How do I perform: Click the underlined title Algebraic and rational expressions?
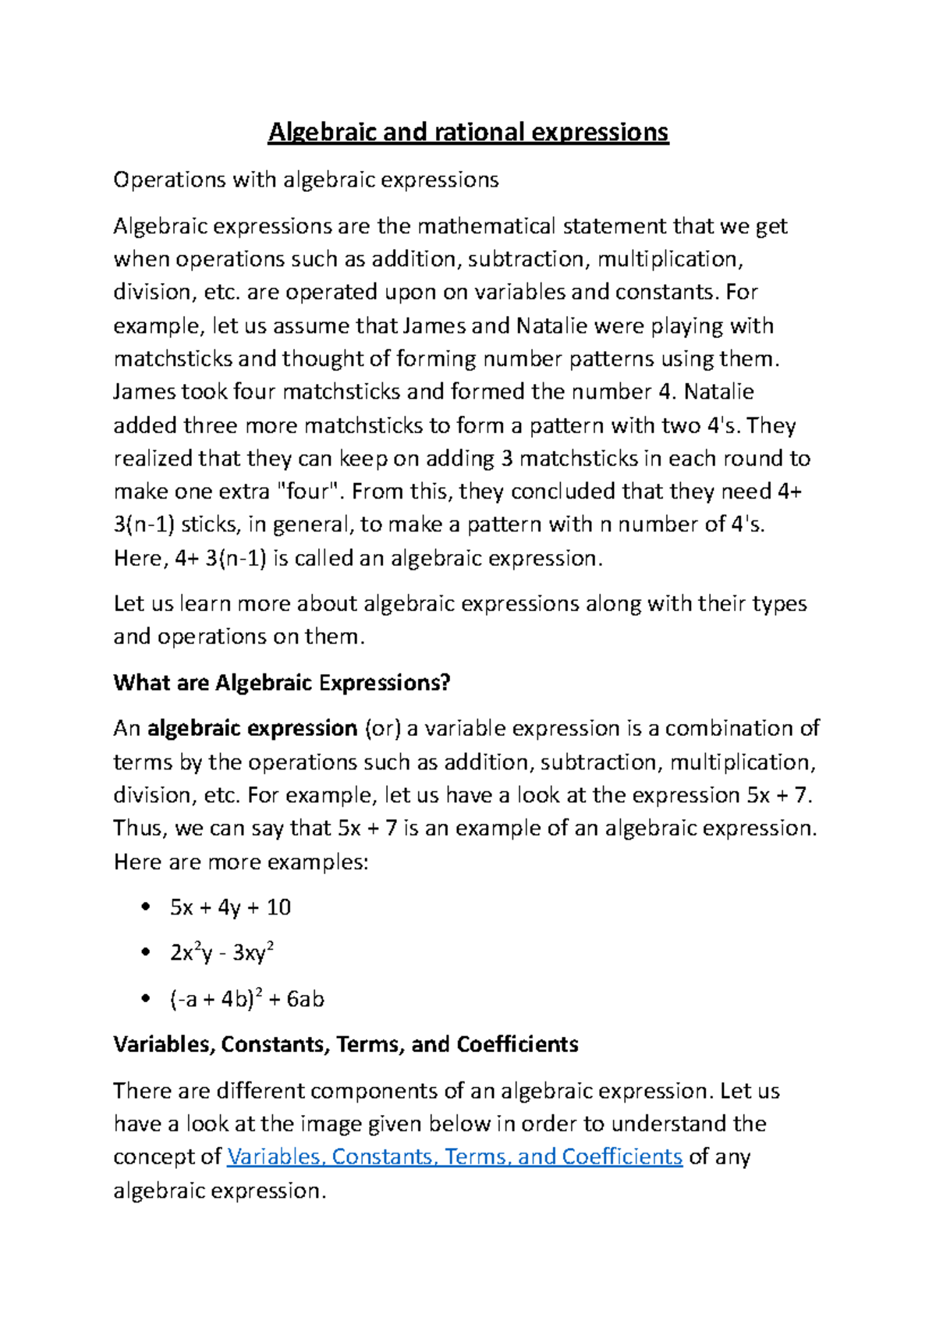tap(468, 132)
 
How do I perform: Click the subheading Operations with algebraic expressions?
tap(306, 180)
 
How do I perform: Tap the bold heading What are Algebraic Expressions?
tap(282, 683)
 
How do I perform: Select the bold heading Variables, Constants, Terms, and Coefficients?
tap(346, 1044)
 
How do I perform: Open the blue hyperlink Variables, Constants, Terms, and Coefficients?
tap(454, 1156)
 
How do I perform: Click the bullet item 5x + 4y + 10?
tap(230, 908)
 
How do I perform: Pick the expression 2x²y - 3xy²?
tap(222, 953)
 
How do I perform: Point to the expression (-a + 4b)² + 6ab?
tap(246, 999)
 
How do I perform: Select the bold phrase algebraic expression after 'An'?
tap(252, 729)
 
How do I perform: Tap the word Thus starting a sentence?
tap(139, 828)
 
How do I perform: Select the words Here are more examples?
tap(240, 862)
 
